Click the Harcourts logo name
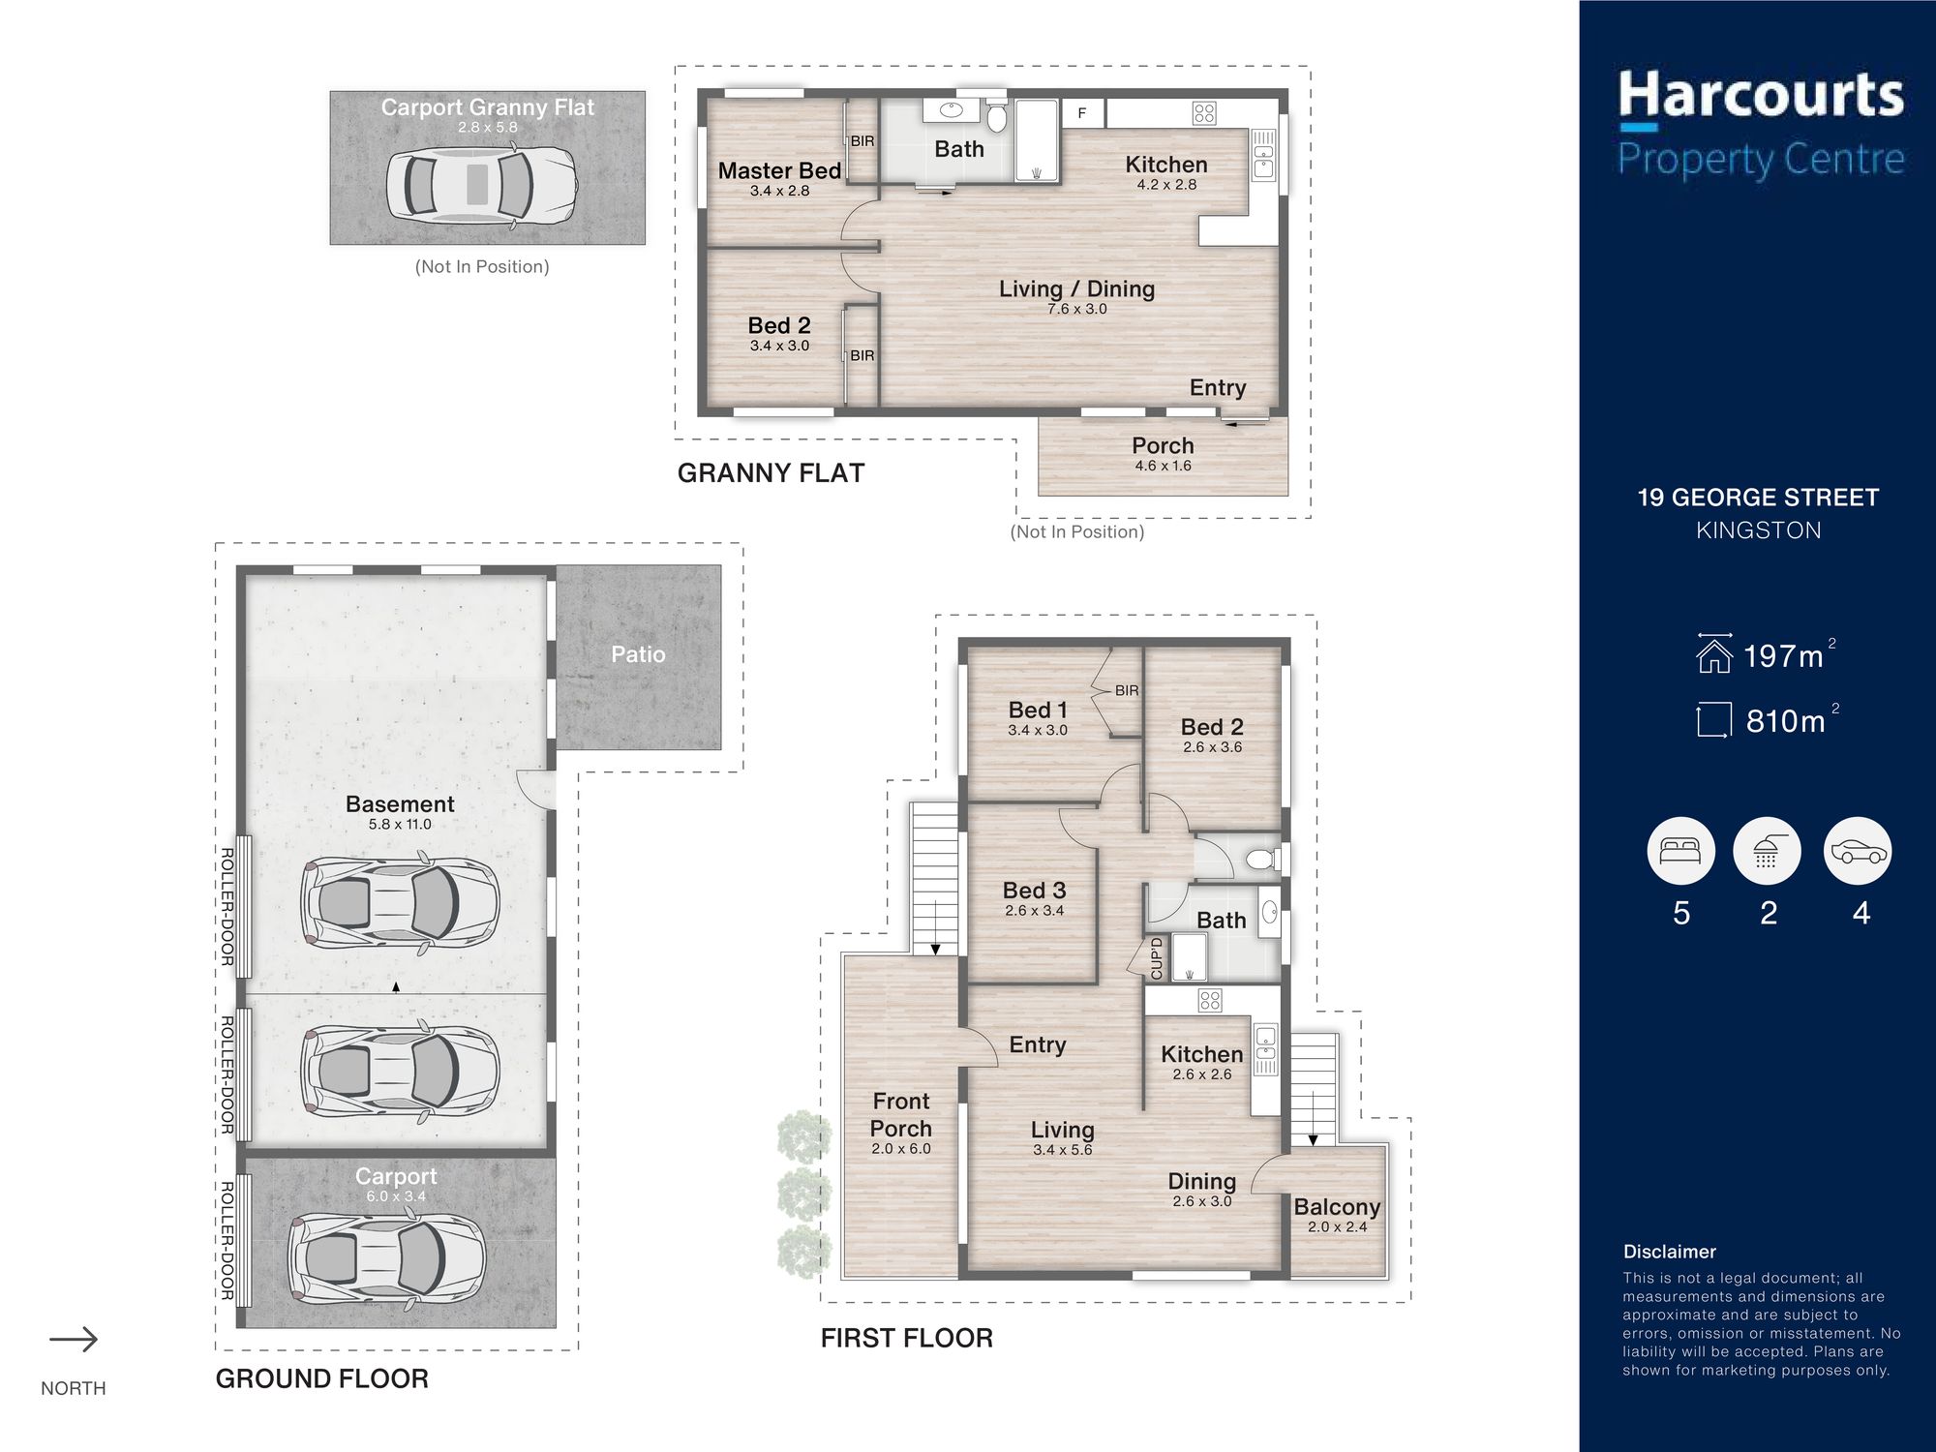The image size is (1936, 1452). point(1761,96)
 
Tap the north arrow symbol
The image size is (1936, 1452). point(74,1340)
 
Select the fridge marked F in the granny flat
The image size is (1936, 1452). point(1082,113)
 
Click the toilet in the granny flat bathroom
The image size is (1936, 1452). point(998,115)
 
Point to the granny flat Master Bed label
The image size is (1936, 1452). point(779,170)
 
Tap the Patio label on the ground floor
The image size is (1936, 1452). point(638,654)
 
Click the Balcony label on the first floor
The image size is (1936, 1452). point(1337,1206)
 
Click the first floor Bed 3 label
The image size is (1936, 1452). point(1034,890)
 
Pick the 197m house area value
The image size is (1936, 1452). point(1783,656)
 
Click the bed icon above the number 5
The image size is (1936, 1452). point(1680,851)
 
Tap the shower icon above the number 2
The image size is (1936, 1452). point(1767,851)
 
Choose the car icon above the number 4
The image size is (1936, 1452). point(1858,851)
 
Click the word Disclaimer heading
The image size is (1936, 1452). point(1670,1252)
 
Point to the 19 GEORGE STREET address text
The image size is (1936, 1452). point(1758,498)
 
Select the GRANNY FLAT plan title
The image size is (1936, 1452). point(771,473)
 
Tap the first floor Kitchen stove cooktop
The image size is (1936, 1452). point(1210,1000)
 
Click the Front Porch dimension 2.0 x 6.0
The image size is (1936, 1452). point(900,1149)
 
